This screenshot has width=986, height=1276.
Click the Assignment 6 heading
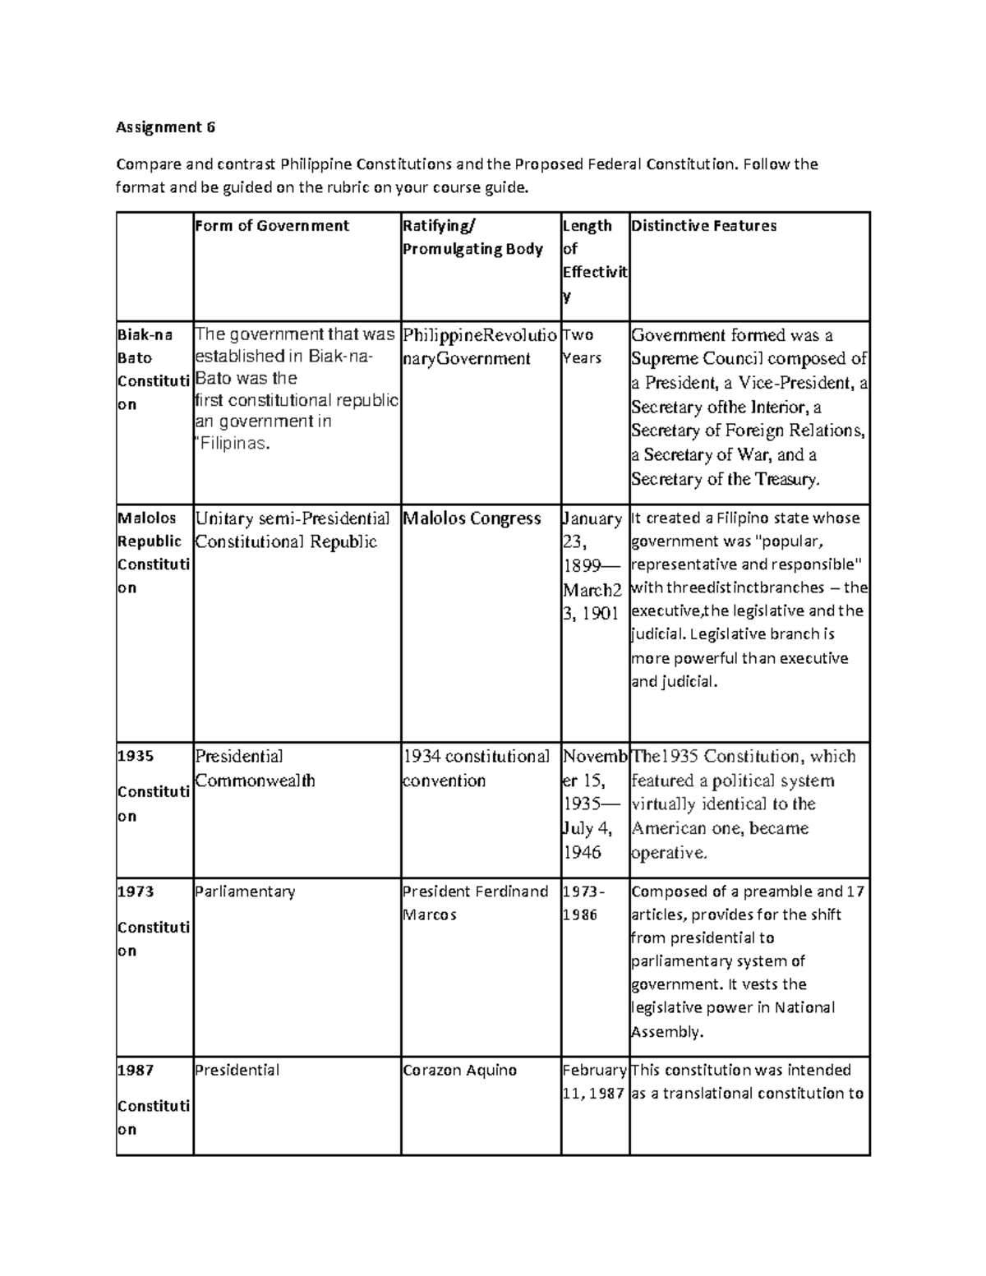pos(165,127)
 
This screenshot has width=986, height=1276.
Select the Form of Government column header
pos(272,226)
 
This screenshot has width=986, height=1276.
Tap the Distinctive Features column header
pos(703,226)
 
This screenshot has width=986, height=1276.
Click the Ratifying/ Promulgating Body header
pos(472,237)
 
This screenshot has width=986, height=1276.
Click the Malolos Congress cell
pos(472,519)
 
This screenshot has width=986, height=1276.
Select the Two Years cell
pos(582,347)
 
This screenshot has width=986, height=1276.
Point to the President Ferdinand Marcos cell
pos(475,903)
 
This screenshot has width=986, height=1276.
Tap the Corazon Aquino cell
pos(459,1071)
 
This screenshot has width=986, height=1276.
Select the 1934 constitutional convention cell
pos(476,768)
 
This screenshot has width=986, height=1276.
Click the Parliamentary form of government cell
pos(245,891)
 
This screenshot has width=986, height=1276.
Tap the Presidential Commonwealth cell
pos(255,768)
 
